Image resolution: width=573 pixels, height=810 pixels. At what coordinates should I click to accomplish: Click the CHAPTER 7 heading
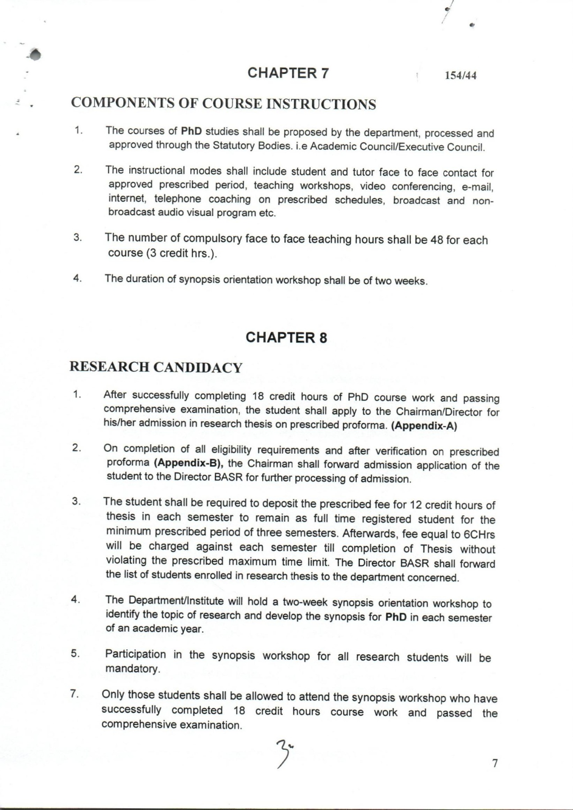[288, 73]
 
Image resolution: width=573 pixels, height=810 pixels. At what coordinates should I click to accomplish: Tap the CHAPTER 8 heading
[286, 337]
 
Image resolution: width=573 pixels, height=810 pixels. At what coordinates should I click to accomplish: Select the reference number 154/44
[460, 76]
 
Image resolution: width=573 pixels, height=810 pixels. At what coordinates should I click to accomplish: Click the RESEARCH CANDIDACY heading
[156, 367]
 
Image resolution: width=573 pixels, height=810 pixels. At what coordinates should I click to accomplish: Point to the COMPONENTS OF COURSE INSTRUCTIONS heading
[223, 103]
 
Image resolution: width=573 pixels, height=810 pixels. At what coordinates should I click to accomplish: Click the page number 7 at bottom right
[495, 764]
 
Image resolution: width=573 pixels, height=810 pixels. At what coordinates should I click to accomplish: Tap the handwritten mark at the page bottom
[284, 754]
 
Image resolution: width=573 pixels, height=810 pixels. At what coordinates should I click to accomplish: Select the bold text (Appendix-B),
[189, 463]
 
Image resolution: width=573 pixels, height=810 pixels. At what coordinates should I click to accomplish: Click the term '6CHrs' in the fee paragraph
[479, 535]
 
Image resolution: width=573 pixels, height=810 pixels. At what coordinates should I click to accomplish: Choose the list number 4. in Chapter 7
[77, 278]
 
